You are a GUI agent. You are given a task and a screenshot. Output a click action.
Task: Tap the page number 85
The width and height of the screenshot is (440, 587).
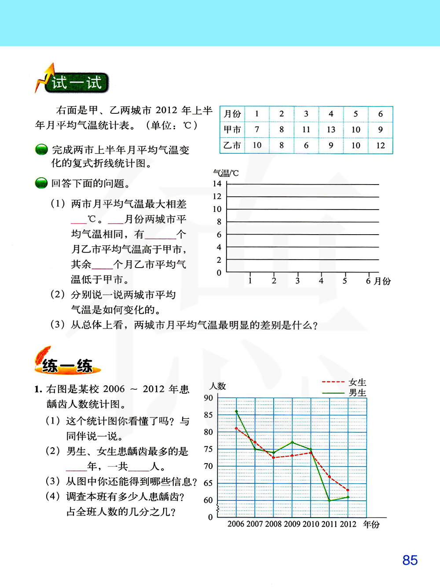(410, 560)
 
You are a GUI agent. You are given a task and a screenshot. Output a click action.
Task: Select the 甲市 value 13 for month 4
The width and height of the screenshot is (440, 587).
(331, 130)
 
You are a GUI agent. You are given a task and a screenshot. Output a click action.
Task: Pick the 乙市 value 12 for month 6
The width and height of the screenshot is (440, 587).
(380, 145)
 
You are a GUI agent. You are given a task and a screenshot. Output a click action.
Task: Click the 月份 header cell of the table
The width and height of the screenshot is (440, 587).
(232, 114)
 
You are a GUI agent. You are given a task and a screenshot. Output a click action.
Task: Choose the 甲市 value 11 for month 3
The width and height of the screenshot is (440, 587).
(306, 130)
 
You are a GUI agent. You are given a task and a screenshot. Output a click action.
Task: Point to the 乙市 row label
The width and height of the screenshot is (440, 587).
(232, 145)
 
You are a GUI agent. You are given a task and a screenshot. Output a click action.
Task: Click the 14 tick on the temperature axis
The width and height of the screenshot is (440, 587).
(217, 184)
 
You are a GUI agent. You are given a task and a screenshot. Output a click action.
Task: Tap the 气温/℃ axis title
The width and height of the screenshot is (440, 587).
(226, 173)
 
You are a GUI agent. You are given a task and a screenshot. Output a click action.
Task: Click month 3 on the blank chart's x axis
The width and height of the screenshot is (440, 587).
(297, 281)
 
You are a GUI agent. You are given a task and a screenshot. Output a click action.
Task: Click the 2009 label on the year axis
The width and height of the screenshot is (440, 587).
(292, 524)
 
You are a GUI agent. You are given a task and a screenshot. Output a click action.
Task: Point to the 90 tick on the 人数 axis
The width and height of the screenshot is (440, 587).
(208, 398)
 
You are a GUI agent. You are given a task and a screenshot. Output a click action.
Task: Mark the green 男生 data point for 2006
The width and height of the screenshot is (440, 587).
(236, 412)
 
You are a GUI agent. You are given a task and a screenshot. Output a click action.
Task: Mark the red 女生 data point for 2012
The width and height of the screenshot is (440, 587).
(348, 490)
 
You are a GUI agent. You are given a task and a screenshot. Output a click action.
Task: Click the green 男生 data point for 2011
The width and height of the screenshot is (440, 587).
(330, 500)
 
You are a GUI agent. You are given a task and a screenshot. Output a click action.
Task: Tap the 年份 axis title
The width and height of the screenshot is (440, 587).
(371, 524)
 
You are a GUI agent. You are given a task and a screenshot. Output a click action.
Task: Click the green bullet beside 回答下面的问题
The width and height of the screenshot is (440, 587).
(41, 183)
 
